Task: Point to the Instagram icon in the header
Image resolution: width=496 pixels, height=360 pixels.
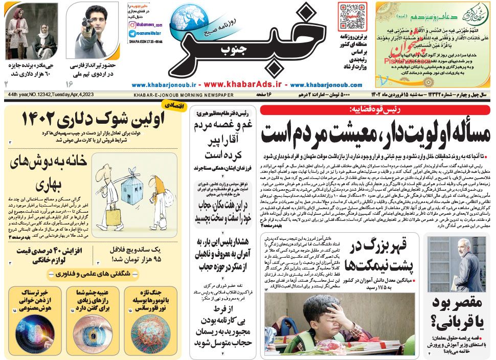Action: [x=132, y=25]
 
